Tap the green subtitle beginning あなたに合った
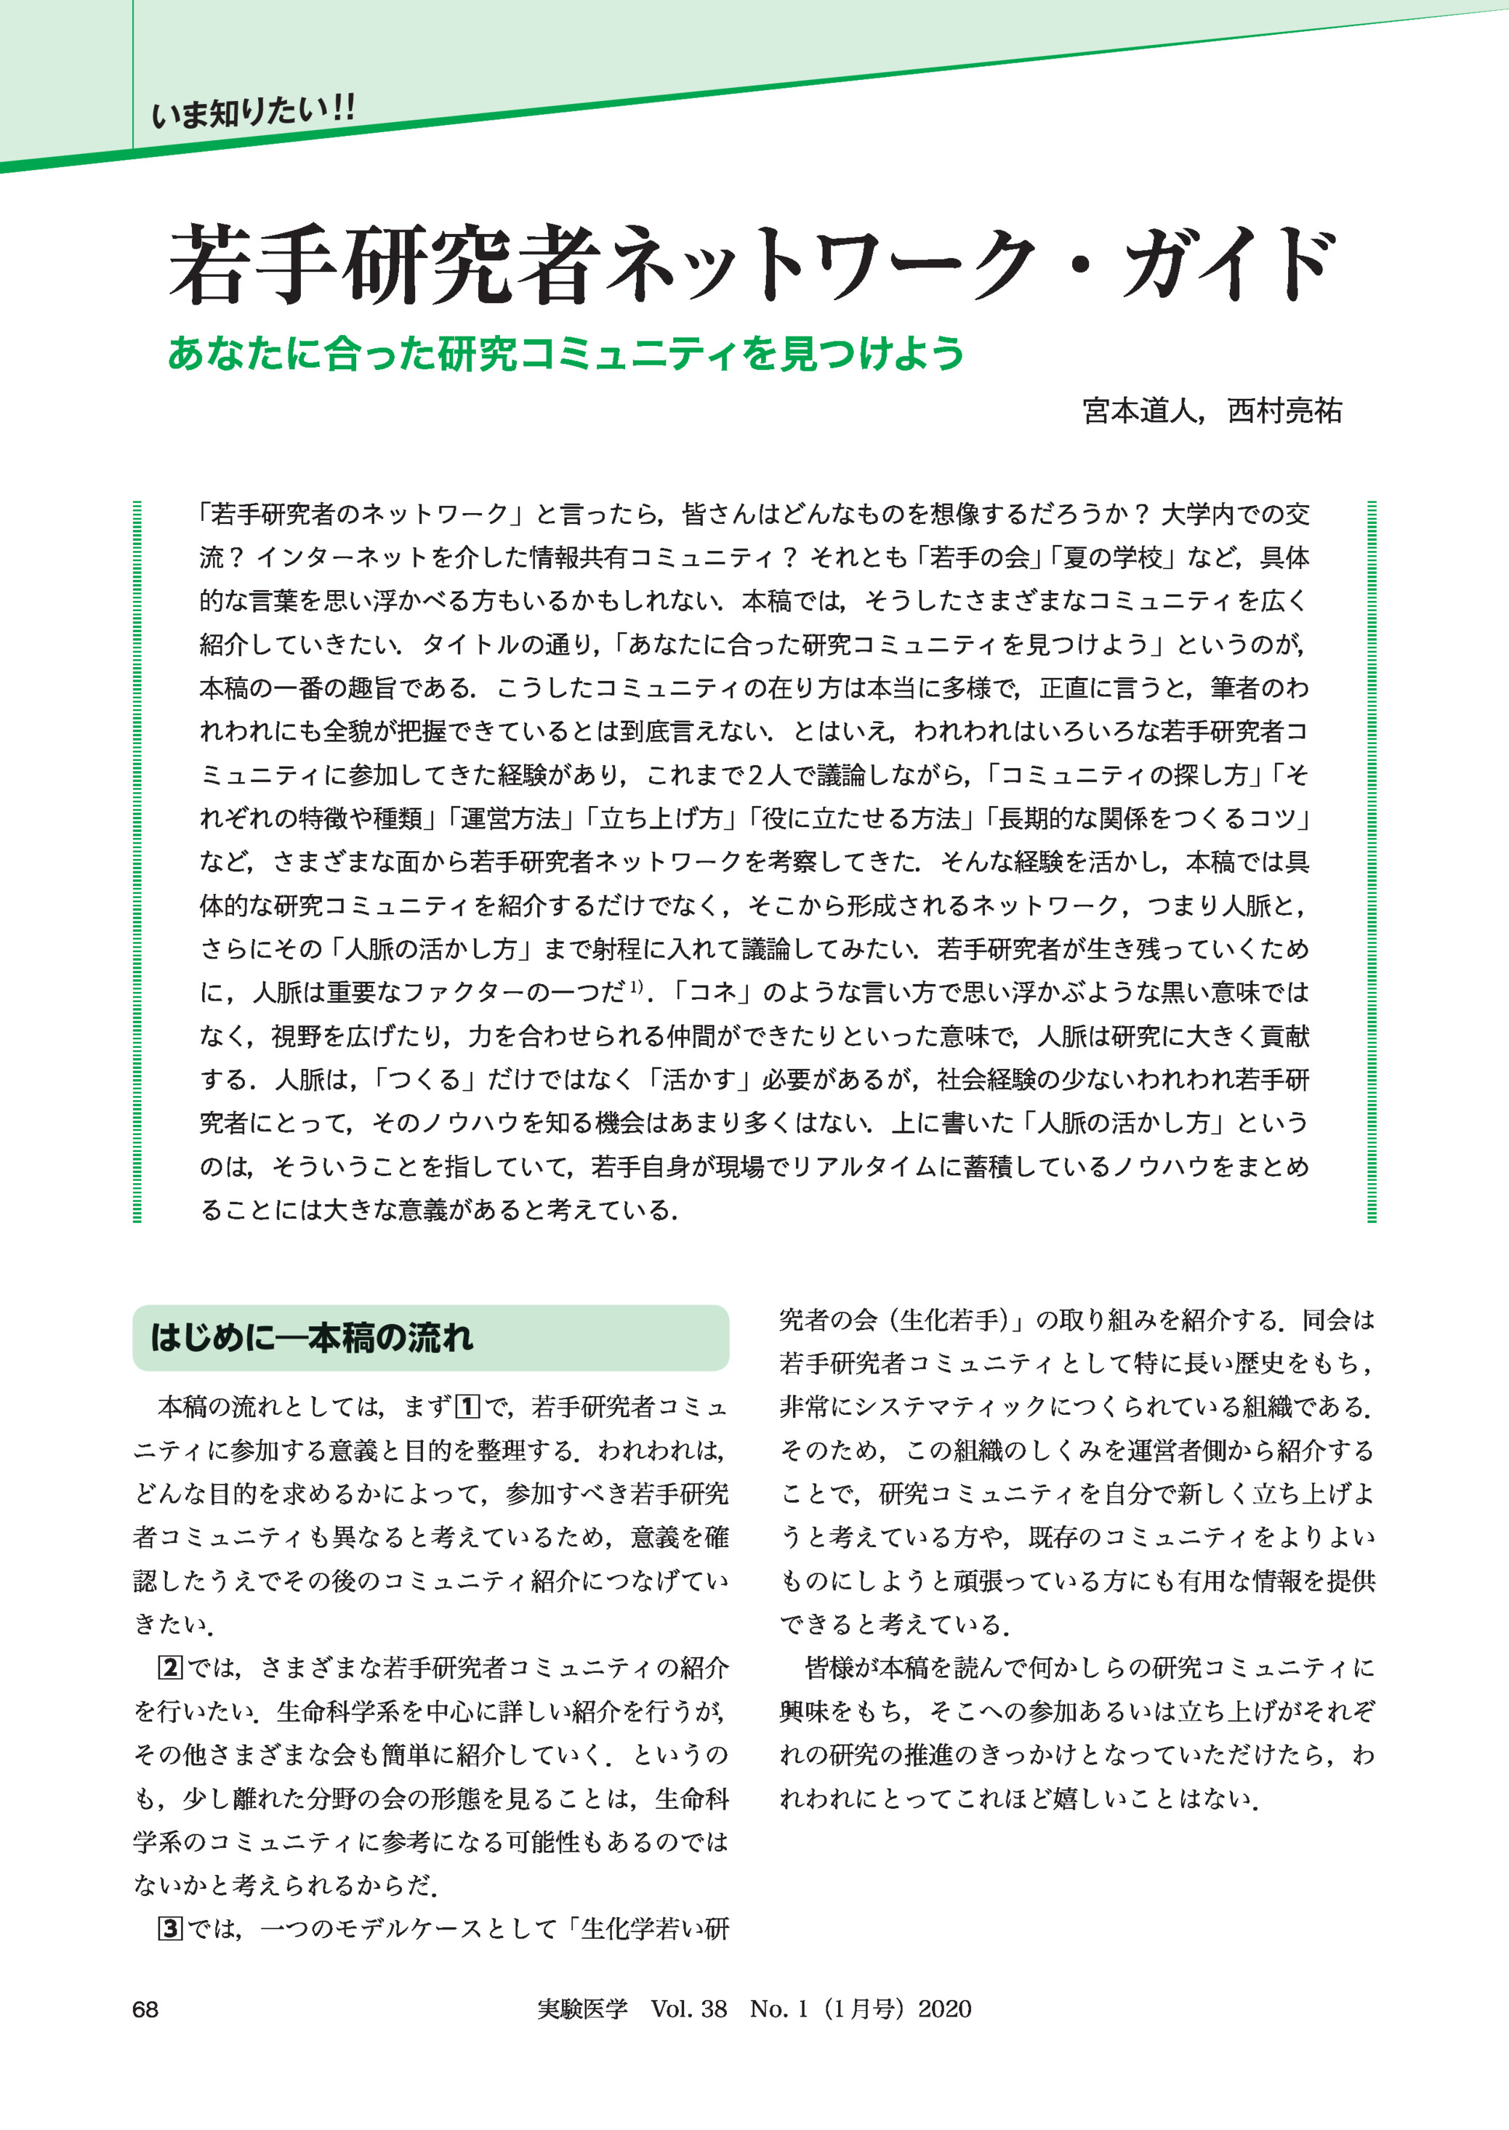566,354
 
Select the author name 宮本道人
1139,411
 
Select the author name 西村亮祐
1284,411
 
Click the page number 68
146,2009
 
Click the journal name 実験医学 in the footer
583,2009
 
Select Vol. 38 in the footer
688,2009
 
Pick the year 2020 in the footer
945,2009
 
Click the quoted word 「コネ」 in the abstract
712,993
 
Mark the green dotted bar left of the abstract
137,861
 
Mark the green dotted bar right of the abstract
1372,861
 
